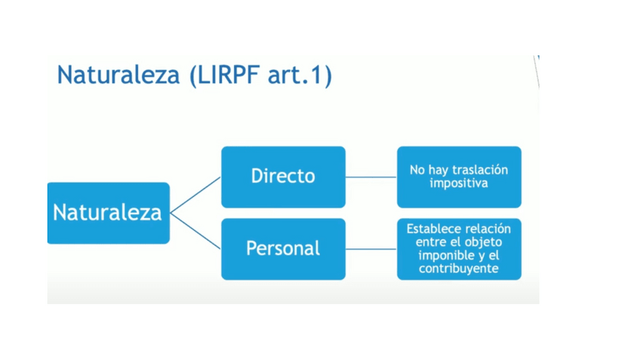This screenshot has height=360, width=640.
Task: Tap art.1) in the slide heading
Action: [x=300, y=75]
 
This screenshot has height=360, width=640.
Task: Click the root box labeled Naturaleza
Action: [x=108, y=213]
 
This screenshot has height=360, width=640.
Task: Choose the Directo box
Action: [x=283, y=177]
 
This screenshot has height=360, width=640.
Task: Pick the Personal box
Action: [x=283, y=248]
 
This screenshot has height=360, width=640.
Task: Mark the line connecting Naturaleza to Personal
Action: [x=195, y=231]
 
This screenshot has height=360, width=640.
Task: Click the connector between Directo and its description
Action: [x=371, y=177]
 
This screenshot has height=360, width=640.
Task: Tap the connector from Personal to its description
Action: [x=371, y=249]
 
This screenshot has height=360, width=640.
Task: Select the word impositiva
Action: [x=459, y=183]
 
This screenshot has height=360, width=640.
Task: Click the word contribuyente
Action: [x=459, y=269]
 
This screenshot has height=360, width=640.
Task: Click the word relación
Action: [x=487, y=229]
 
